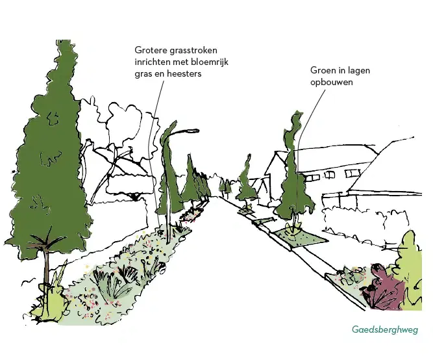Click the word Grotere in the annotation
(x=151, y=50)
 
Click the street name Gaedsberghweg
(x=385, y=329)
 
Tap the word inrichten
(x=154, y=62)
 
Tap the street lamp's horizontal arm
(x=182, y=130)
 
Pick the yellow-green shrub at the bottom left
(x=48, y=302)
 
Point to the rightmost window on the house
(x=352, y=174)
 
